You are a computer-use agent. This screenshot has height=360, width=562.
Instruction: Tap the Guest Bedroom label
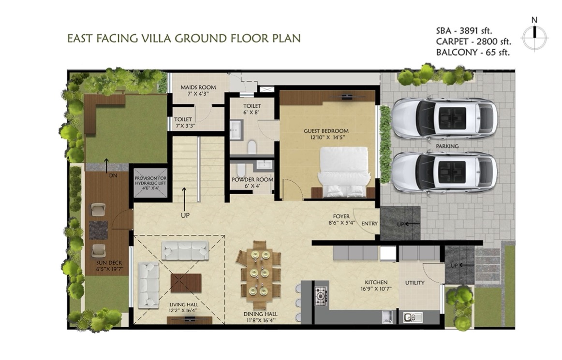pos(326,131)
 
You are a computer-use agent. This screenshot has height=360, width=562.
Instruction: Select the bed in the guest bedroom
pos(344,172)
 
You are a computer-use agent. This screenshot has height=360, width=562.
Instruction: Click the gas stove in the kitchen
pos(322,296)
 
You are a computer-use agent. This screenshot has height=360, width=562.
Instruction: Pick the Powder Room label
pos(252,179)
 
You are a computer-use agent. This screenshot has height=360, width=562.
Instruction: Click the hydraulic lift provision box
pos(150,182)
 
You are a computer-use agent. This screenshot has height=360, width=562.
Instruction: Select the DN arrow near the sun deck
pos(106,165)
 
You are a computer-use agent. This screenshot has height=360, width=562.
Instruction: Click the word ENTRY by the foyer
pos(370,224)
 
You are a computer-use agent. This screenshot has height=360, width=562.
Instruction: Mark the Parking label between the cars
pos(447,146)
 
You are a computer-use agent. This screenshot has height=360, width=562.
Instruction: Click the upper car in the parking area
pos(444,117)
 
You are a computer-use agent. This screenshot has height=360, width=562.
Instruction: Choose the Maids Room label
pos(198,87)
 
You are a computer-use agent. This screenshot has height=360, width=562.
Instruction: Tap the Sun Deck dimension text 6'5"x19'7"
pos(109,269)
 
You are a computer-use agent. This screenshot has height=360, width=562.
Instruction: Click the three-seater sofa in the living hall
pos(185,250)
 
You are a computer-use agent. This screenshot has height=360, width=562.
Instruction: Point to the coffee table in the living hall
pos(186,283)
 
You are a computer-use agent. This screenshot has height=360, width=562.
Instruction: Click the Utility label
pos(414,283)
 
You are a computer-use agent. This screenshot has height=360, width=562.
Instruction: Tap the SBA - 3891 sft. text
pos(464,30)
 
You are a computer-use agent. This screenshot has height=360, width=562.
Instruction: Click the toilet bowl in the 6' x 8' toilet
pos(252,147)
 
